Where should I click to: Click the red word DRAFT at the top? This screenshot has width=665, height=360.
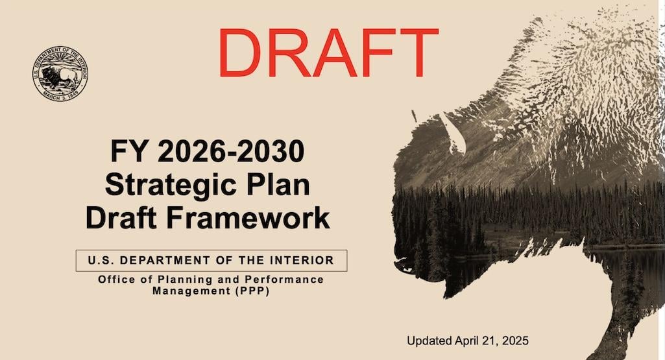(328, 53)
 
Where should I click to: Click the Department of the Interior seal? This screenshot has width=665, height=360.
(60, 73)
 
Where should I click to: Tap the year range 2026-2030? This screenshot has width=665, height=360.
(231, 151)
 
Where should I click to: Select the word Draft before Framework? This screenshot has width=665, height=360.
(121, 218)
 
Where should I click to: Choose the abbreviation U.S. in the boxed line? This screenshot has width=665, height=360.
(101, 260)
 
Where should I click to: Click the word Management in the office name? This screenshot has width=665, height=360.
(191, 291)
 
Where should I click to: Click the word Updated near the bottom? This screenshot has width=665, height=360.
(429, 341)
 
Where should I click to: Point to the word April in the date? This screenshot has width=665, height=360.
(466, 341)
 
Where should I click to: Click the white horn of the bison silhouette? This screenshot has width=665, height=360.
(453, 133)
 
